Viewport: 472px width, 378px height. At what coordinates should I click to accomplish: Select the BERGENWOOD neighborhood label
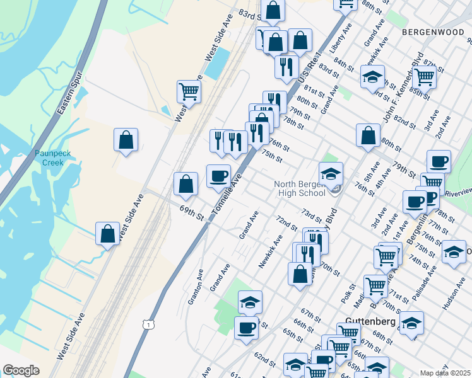coord(432,31)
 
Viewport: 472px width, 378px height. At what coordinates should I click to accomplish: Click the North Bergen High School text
coord(299,188)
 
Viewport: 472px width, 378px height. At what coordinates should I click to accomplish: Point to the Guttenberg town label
coord(370,321)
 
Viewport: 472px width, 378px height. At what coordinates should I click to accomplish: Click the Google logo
coord(21,370)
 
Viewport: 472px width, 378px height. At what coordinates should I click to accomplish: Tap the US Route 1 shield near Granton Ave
coord(147,324)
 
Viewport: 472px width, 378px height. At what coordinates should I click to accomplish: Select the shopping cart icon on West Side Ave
coord(189,92)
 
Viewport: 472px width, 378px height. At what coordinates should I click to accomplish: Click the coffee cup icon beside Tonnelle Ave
coord(219,176)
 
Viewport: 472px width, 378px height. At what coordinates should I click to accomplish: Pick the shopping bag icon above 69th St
coord(186,184)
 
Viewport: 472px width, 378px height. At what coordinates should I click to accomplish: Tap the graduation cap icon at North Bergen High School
coord(331,173)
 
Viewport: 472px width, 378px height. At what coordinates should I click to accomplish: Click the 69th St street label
coord(191,212)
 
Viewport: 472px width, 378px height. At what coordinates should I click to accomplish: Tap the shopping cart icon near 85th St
coord(425,77)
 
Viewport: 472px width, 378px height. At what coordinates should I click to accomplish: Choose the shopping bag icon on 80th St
coord(368,135)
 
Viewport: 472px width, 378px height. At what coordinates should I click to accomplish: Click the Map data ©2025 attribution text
coord(445,373)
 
